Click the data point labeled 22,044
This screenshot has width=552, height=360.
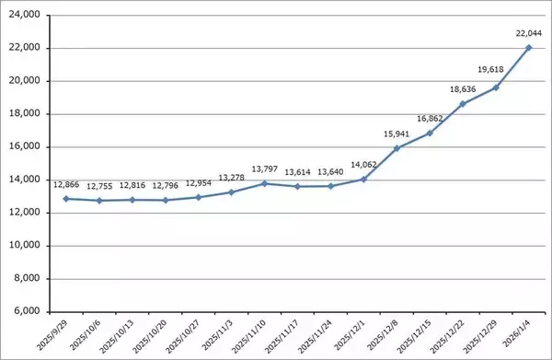[x=529, y=48]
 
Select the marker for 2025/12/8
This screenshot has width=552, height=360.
[x=397, y=148]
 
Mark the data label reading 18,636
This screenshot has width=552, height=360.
[x=463, y=89]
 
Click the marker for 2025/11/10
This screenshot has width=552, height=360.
[x=264, y=183]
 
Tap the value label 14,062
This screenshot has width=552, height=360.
[x=363, y=166]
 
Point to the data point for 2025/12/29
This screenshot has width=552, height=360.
[x=496, y=87]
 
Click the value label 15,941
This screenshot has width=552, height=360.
[x=397, y=134]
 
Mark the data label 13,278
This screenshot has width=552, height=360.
[x=231, y=178]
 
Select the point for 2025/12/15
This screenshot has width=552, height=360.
[x=430, y=133]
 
